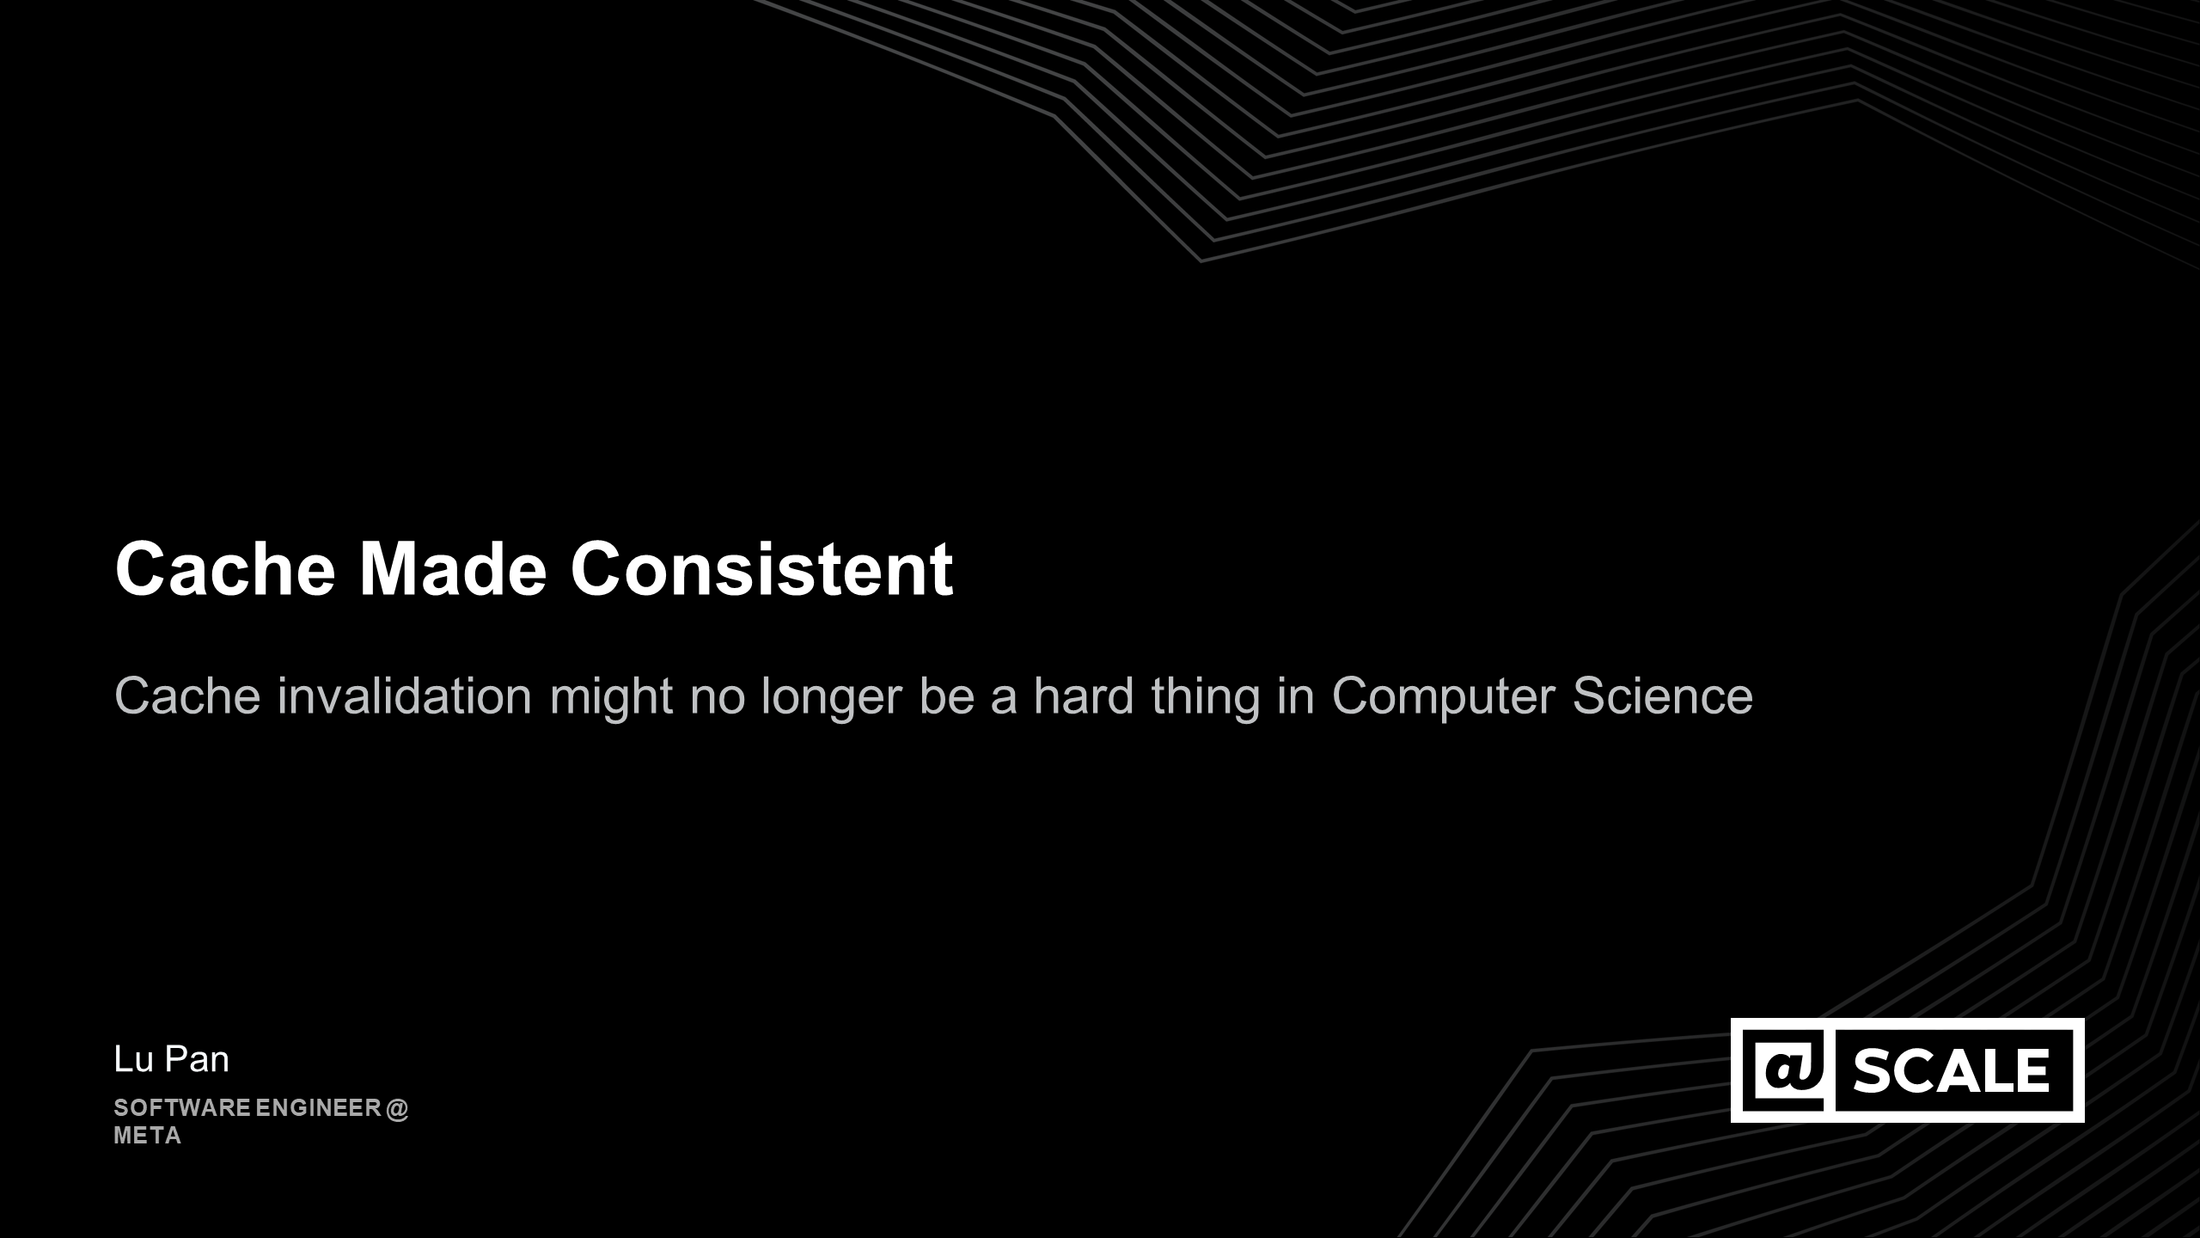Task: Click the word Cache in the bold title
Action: [x=224, y=568]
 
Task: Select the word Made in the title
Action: [x=453, y=568]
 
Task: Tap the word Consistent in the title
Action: [x=761, y=568]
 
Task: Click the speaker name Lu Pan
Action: [x=172, y=1059]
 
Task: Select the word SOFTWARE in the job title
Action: [x=182, y=1107]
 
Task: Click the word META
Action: [x=148, y=1136]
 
